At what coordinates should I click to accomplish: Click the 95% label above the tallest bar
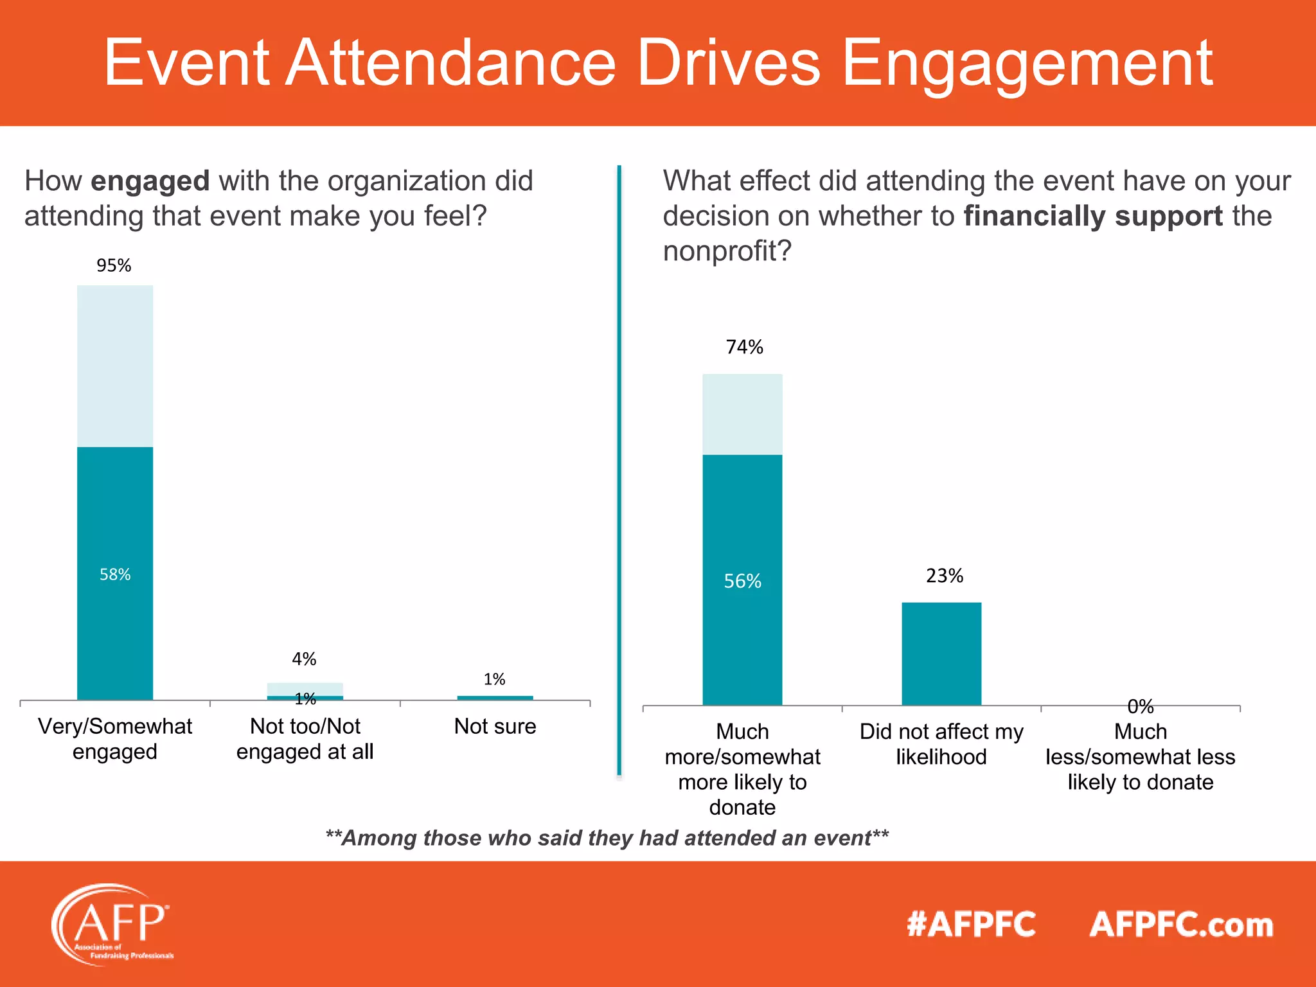pyautogui.click(x=114, y=265)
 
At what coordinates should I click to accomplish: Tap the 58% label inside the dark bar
pyautogui.click(x=115, y=574)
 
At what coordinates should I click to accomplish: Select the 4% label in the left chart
pyautogui.click(x=304, y=659)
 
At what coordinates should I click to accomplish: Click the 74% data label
pyautogui.click(x=744, y=347)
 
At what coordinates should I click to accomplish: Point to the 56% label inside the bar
pyautogui.click(x=742, y=582)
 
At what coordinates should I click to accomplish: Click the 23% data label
pyautogui.click(x=944, y=576)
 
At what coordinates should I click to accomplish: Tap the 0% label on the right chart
pyautogui.click(x=1140, y=707)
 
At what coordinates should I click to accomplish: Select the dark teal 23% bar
pyautogui.click(x=941, y=654)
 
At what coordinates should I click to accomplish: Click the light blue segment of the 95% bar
pyautogui.click(x=115, y=366)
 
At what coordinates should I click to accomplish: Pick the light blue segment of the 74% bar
pyautogui.click(x=742, y=414)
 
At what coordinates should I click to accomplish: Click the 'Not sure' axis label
pyautogui.click(x=495, y=726)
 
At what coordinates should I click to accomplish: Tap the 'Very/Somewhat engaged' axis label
pyautogui.click(x=115, y=738)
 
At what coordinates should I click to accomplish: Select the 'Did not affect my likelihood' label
pyautogui.click(x=941, y=744)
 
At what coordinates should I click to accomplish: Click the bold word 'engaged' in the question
pyautogui.click(x=150, y=182)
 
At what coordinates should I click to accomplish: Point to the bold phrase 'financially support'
pyautogui.click(x=1093, y=216)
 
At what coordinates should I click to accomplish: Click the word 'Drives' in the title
pyautogui.click(x=728, y=63)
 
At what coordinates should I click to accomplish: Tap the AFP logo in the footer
pyautogui.click(x=111, y=924)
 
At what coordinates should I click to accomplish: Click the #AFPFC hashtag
pyautogui.click(x=971, y=925)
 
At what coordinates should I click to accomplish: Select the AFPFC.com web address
pyautogui.click(x=1181, y=925)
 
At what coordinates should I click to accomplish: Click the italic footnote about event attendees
pyautogui.click(x=607, y=838)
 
